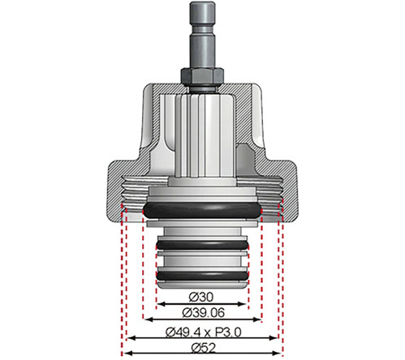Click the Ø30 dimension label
coord(202,298)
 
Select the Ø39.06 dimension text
coord(202,313)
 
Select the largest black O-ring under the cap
coord(202,211)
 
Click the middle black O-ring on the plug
coord(202,246)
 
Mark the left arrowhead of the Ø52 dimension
coord(126,354)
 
